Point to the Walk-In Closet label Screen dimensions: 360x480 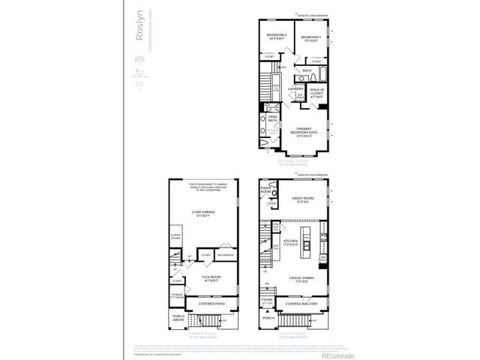coord(319,93)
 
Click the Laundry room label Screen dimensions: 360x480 coord(295,88)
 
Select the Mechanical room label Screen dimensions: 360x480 coord(226,255)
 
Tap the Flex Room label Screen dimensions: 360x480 coord(211,278)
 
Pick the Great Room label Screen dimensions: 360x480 coord(303,199)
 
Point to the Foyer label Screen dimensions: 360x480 coord(267,301)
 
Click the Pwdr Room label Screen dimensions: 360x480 coord(265,191)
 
